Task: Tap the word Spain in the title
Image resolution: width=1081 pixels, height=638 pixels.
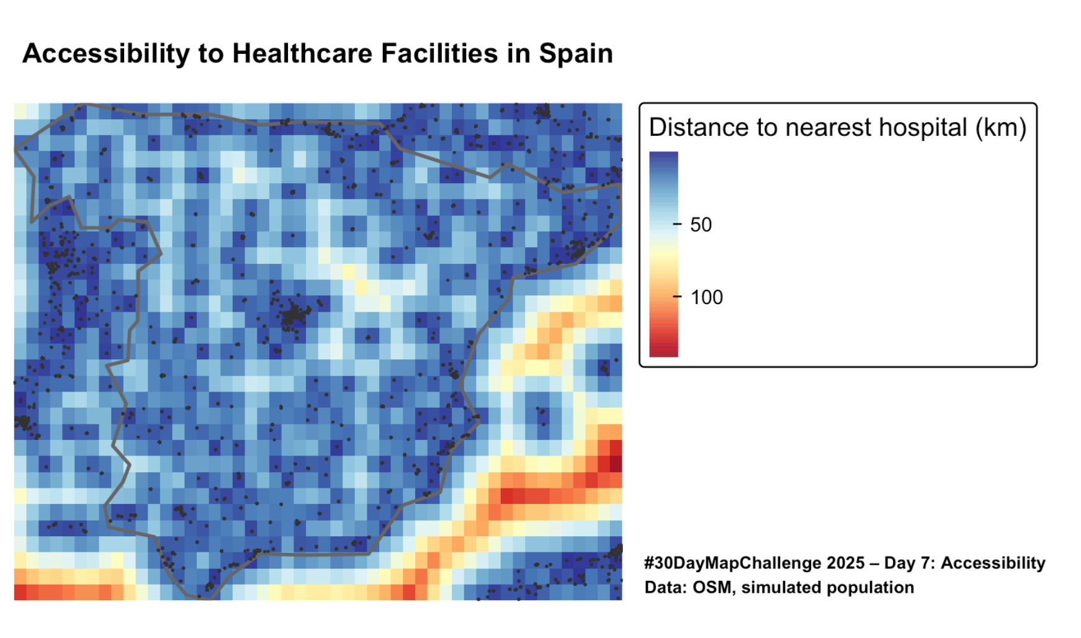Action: click(575, 53)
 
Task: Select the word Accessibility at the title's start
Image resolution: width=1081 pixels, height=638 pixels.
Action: click(106, 53)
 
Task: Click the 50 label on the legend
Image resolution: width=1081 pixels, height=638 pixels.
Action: click(701, 225)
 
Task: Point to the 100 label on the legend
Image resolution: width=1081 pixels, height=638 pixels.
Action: click(706, 297)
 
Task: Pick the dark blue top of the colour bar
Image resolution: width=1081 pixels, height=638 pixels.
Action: click(663, 158)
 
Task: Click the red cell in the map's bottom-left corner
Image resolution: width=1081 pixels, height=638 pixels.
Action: click(20, 592)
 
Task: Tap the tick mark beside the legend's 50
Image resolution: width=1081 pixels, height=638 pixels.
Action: click(677, 224)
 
